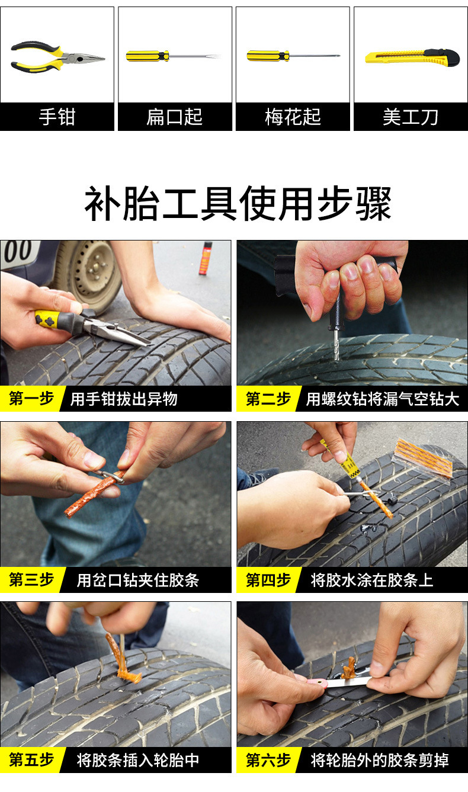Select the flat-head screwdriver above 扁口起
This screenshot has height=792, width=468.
tap(173, 56)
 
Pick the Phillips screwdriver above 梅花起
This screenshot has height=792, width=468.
tap(293, 56)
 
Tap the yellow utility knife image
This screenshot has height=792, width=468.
tap(412, 57)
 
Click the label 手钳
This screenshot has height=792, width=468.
tap(57, 117)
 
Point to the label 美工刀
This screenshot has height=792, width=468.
tap(411, 117)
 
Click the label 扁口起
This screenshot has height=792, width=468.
tap(175, 117)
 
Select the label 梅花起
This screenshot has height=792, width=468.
tap(293, 117)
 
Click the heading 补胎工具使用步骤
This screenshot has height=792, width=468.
tap(238, 204)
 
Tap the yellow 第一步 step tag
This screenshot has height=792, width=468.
tap(32, 399)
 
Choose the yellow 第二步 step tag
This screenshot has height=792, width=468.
tap(268, 399)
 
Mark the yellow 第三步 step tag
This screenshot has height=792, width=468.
tap(32, 580)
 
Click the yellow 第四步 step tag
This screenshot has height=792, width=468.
tap(268, 580)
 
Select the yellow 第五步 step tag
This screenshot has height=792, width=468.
tap(32, 760)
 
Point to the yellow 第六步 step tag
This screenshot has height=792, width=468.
tap(268, 760)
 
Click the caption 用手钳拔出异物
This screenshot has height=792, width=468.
tap(124, 399)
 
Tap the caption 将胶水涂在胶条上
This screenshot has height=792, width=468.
tap(372, 580)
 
